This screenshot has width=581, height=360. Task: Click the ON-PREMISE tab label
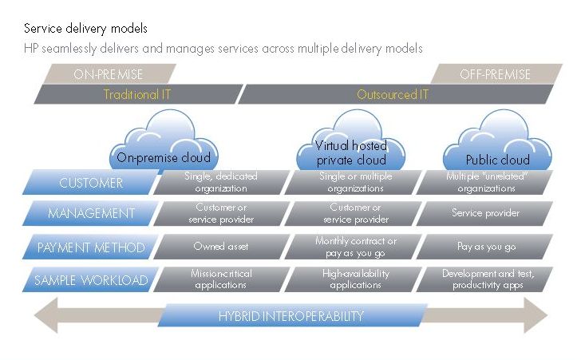click(109, 74)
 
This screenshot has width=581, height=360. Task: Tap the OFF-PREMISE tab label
click(496, 74)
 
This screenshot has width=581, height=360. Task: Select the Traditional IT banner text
click(137, 94)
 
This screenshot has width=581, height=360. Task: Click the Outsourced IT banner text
click(393, 94)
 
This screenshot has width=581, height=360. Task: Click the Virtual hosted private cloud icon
click(350, 140)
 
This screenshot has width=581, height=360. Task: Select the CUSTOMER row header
click(90, 183)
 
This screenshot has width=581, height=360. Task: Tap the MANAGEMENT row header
click(90, 213)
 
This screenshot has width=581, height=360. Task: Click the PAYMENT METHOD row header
click(90, 247)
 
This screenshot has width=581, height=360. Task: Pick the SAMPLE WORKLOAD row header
click(90, 279)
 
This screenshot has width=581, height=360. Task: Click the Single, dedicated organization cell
click(221, 183)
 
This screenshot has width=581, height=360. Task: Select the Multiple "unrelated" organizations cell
click(485, 183)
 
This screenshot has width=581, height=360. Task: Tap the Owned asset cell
click(221, 247)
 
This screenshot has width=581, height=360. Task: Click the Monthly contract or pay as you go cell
click(354, 247)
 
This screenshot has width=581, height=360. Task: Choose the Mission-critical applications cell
click(221, 279)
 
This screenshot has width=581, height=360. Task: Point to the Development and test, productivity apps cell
click(485, 279)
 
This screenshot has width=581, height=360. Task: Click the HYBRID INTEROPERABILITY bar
click(292, 315)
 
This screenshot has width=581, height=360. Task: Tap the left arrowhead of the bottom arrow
click(46, 315)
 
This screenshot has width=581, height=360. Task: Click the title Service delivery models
click(85, 29)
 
